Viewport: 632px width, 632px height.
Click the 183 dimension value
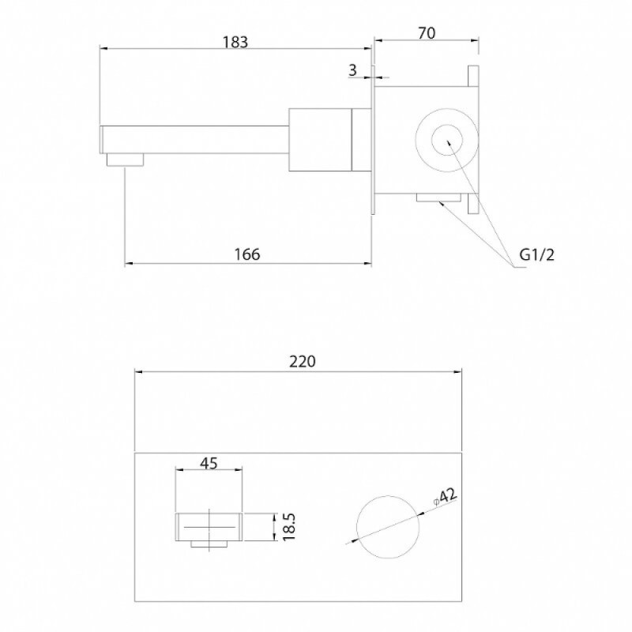(x=235, y=42)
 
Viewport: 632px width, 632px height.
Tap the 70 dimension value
(x=427, y=33)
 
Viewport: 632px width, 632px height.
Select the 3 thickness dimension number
(x=352, y=70)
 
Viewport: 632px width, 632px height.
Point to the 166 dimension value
(x=247, y=254)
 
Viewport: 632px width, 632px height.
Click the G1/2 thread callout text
(x=537, y=254)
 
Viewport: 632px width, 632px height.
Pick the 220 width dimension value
(x=303, y=362)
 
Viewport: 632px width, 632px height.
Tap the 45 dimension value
(x=209, y=464)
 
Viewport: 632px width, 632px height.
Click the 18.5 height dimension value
(x=289, y=527)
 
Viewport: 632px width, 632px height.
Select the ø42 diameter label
(x=445, y=497)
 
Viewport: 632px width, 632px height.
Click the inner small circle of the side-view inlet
(x=447, y=141)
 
